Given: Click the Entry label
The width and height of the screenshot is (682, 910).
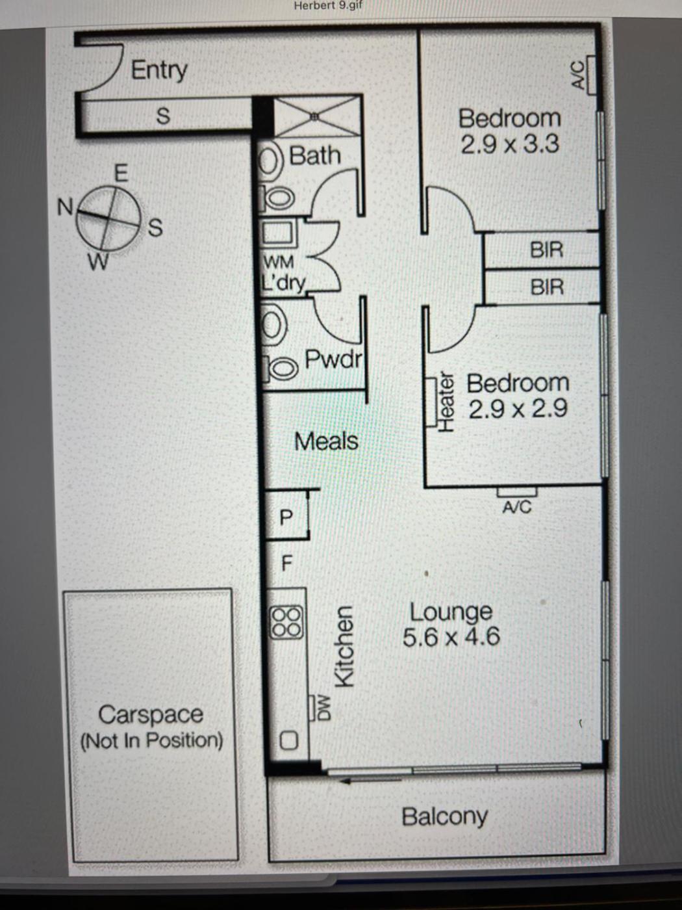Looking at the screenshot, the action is (159, 70).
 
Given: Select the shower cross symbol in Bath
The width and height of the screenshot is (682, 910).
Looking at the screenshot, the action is (316, 116).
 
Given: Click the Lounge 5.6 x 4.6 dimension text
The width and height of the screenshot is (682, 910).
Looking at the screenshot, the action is (451, 636).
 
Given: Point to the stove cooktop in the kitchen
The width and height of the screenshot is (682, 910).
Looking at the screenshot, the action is (286, 622).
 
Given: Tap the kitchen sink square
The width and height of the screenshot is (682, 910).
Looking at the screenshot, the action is (288, 741).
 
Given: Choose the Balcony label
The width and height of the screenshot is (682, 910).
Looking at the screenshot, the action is (445, 817).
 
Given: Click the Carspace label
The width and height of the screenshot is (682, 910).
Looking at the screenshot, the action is (151, 714).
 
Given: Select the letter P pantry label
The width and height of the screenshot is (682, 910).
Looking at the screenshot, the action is (286, 517).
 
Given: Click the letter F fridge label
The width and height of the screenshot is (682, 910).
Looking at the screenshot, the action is (286, 563).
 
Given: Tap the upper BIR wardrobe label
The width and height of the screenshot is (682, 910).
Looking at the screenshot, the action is (547, 250).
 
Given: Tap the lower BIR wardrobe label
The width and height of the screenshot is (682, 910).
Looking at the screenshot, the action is (547, 287).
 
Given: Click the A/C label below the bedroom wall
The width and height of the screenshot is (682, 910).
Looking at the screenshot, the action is (517, 507).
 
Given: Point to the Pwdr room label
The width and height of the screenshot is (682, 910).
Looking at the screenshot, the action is (334, 359).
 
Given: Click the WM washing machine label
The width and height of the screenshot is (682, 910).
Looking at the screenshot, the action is (279, 262).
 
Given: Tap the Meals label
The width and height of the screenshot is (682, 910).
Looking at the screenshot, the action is (326, 441).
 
